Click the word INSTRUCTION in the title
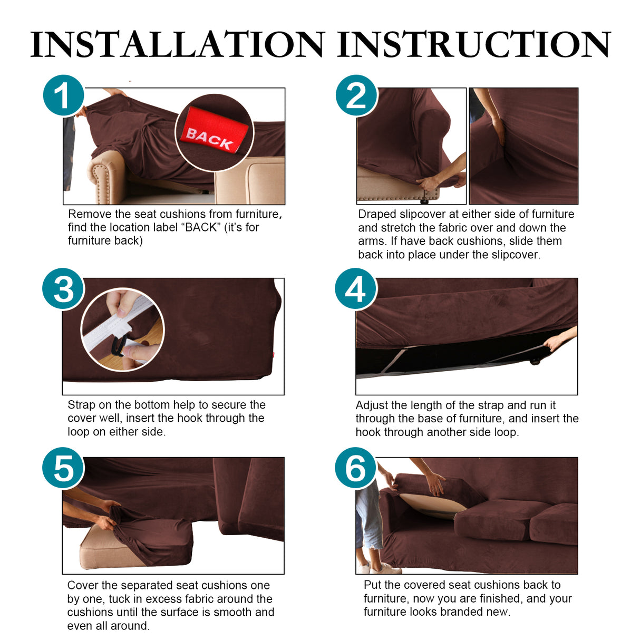tap(473, 44)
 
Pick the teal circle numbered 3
tap(63, 289)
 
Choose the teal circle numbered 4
tap(356, 289)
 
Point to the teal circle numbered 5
tap(63, 468)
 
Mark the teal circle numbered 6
tap(356, 468)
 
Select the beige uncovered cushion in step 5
tap(105, 554)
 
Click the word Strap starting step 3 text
tap(82, 405)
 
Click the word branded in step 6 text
tap(461, 612)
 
